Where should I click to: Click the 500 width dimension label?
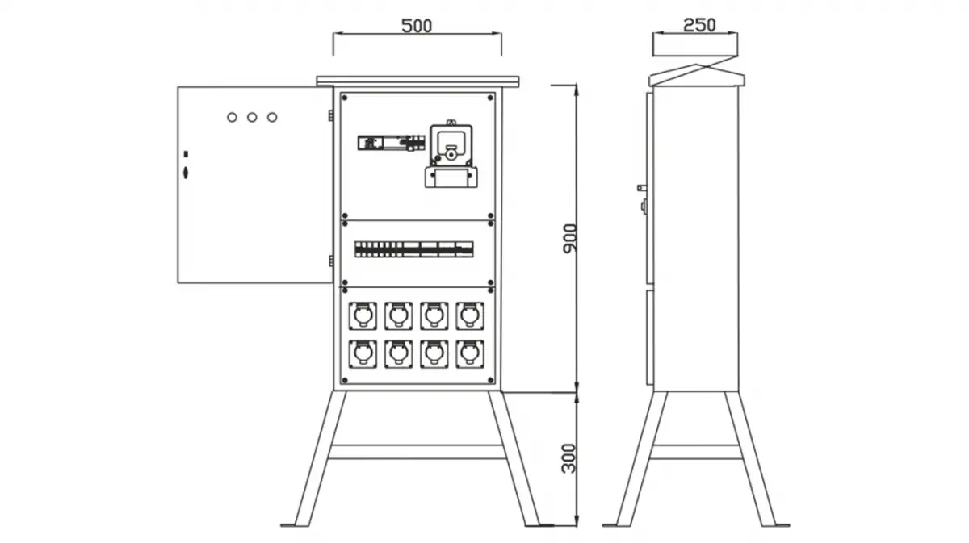[x=417, y=25]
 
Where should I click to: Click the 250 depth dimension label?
[x=698, y=25]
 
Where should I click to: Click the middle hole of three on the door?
[x=252, y=117]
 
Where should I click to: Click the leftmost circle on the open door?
[x=232, y=117]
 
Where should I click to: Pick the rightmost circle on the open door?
[x=272, y=117]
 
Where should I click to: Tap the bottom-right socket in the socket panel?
[x=470, y=353]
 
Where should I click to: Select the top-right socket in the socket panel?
[x=470, y=315]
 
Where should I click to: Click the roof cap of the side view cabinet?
[x=698, y=74]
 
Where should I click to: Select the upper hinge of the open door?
[x=330, y=115]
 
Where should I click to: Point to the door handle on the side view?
[x=643, y=188]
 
